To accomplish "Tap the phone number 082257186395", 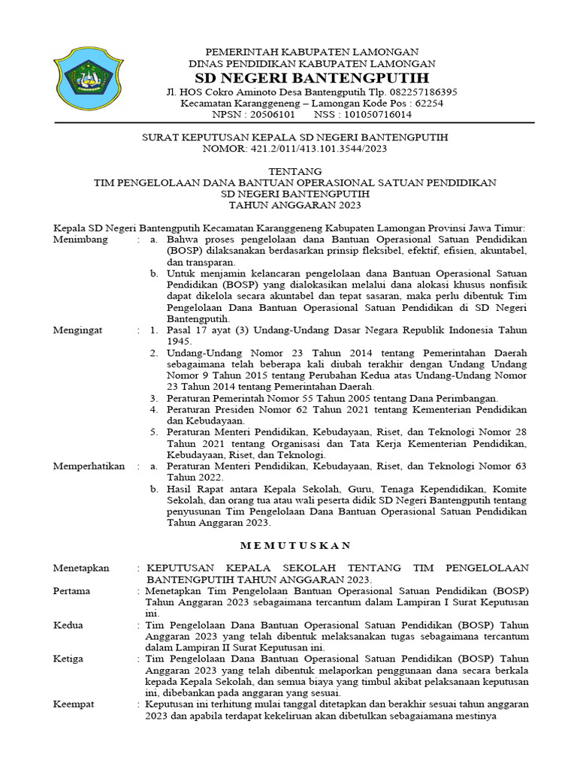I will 422,92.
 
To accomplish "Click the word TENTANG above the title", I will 295,172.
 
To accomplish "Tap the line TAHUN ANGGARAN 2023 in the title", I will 295,205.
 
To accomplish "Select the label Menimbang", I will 81,240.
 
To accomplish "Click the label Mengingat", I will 79,330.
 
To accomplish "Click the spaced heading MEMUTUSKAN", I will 295,545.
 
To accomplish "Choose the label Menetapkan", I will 81,568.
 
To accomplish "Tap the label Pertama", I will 72,591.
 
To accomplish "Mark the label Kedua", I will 68,625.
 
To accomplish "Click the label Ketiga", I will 69,659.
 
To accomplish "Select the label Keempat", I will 74,704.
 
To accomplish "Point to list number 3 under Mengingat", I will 153,397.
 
